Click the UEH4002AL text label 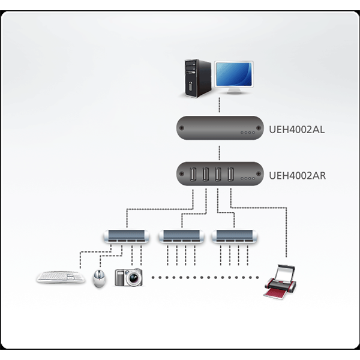296,130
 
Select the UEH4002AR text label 297,176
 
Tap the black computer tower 197,78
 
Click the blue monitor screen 234,74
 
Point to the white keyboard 61,277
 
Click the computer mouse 100,278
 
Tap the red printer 280,282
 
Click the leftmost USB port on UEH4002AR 193,174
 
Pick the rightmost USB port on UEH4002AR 230,174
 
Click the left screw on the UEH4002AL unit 181,128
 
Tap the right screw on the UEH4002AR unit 259,174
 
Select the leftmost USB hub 127,236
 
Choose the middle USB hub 182,236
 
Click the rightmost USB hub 235,236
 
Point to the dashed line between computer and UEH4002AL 219,105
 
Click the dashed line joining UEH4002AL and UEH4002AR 219,152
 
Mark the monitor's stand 234,91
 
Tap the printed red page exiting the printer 274,293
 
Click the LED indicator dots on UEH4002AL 247,133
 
